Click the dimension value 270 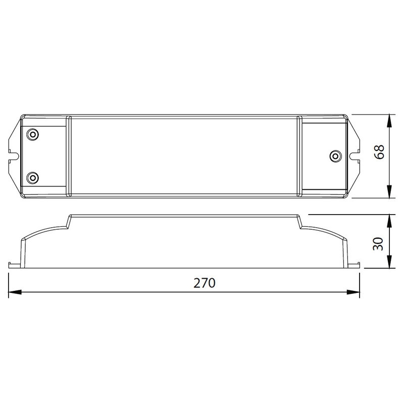(x=204, y=283)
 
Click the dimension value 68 (x=379, y=152)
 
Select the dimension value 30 (x=378, y=244)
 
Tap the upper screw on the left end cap (x=33, y=134)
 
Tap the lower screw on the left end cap (x=33, y=178)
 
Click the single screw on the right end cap (x=336, y=156)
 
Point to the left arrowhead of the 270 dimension (x=15, y=292)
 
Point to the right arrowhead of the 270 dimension (x=353, y=292)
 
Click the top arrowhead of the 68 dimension (x=389, y=121)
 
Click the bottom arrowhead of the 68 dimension (x=389, y=192)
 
